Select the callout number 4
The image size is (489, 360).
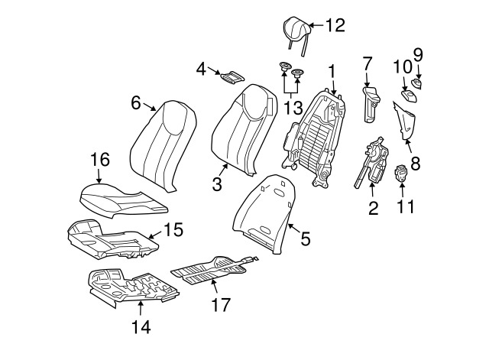pyautogui.click(x=202, y=69)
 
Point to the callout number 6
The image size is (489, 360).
pyautogui.click(x=137, y=102)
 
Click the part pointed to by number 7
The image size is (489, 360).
pyautogui.click(x=370, y=103)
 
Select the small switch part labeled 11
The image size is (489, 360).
pyautogui.click(x=403, y=175)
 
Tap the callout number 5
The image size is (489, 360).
pyautogui.click(x=305, y=239)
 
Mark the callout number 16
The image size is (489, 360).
pyautogui.click(x=100, y=161)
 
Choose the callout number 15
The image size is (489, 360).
pyautogui.click(x=173, y=229)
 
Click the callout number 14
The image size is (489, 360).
pyautogui.click(x=141, y=328)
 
